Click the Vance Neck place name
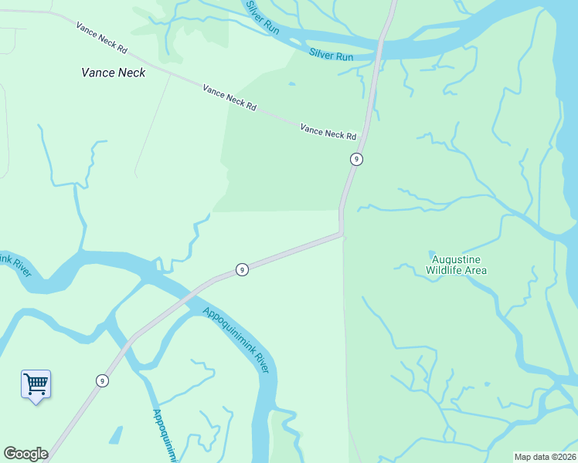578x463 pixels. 113,73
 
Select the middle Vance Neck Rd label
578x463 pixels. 229,98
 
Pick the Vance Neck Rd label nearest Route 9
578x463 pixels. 328,133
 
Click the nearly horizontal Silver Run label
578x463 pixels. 331,56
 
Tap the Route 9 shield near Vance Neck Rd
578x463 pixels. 355,159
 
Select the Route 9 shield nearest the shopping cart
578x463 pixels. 102,380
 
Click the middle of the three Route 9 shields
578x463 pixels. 242,269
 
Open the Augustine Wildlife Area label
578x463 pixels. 459,265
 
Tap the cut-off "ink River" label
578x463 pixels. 14,264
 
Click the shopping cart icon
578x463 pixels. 36,383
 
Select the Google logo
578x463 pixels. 25,454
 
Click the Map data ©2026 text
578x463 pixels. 545,457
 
